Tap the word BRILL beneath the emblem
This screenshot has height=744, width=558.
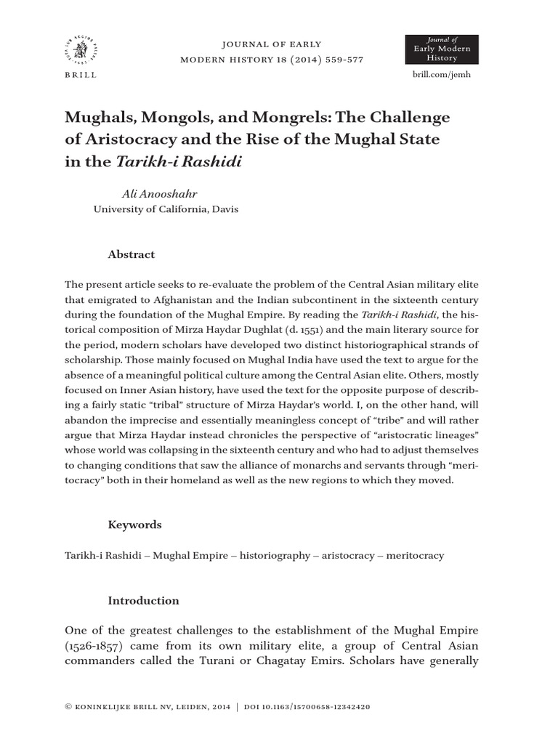point(80,75)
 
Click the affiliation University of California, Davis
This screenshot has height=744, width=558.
point(166,209)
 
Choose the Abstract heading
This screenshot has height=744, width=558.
point(132,254)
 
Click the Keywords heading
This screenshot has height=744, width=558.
point(135,525)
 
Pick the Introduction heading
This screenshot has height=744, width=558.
point(143,601)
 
